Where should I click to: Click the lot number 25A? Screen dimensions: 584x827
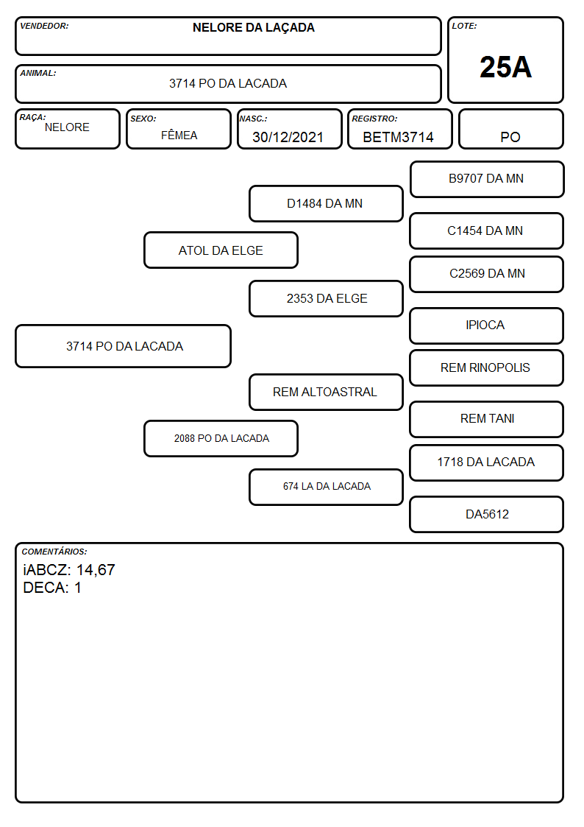505,67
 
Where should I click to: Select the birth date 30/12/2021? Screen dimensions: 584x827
288,137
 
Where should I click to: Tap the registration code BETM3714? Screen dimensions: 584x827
398,137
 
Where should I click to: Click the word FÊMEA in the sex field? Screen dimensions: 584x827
179,135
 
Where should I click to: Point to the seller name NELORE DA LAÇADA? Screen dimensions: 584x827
253,27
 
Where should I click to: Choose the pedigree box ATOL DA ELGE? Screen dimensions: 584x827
221,250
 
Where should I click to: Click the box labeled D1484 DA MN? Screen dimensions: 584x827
326,203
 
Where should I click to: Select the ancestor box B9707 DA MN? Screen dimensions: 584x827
487,180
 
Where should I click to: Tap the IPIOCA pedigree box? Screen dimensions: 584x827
487,325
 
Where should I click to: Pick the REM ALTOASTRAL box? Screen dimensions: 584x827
326,392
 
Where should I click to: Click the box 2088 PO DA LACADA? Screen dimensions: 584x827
221,438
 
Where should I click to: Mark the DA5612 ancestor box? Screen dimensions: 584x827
487,514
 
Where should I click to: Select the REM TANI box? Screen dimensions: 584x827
487,419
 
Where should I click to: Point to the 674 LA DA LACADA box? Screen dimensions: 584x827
326,487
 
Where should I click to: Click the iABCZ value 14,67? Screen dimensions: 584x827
96,569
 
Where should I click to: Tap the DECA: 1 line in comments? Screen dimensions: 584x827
52,588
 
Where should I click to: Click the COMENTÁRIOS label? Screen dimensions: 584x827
54,552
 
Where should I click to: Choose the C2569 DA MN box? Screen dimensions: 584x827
487,274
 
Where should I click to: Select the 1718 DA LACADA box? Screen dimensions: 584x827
487,462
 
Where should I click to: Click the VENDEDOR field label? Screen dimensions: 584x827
44,26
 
